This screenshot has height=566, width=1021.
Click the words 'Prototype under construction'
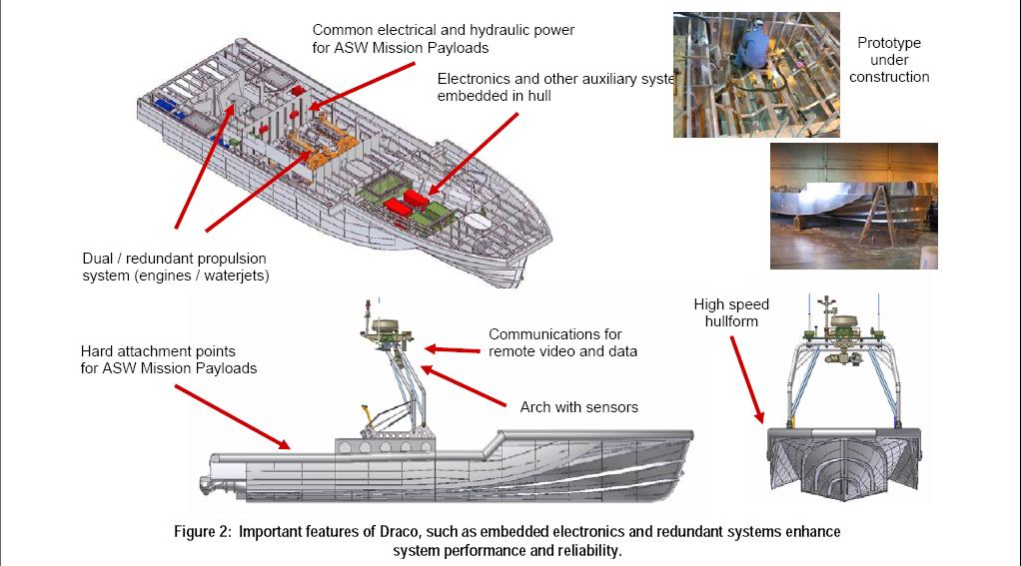(x=889, y=60)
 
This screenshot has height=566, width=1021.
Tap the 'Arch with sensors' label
(x=578, y=407)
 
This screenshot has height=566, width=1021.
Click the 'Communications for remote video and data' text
(x=562, y=342)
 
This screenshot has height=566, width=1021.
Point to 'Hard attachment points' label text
(x=169, y=360)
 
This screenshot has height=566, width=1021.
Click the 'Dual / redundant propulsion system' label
(x=174, y=267)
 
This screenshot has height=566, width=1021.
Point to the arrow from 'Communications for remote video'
(x=452, y=349)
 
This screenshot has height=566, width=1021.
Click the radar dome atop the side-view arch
(x=384, y=325)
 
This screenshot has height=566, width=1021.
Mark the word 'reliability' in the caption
(x=585, y=551)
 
